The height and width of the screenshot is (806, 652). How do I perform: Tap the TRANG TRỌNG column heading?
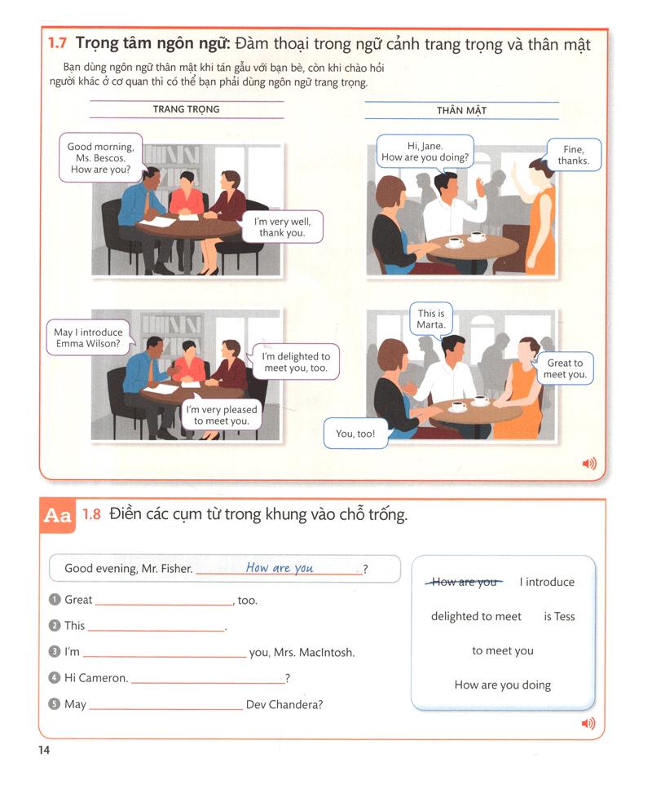point(186,109)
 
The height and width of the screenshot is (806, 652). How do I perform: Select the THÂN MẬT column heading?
point(461,110)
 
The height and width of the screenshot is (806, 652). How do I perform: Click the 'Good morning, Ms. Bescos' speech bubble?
point(100,158)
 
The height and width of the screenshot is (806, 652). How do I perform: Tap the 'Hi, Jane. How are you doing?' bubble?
point(425,152)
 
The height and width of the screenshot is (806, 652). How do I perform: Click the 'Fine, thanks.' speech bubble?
point(573,155)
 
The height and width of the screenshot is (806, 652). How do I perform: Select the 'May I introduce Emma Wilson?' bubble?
point(88,338)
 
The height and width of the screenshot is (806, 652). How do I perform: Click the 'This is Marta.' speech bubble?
point(431,319)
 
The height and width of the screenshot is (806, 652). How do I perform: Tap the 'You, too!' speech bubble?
point(355,434)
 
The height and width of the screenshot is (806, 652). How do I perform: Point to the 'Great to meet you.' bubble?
point(565,368)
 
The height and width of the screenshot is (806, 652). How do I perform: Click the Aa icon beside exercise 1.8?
point(58,517)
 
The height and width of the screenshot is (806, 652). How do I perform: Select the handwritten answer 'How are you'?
point(280,568)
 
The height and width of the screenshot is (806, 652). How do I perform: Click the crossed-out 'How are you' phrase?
point(464,582)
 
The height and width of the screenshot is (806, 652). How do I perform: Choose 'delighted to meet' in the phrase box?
point(476,617)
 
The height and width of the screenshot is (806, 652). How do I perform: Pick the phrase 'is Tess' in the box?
point(559,617)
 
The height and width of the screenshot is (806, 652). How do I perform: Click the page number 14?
point(44,751)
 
